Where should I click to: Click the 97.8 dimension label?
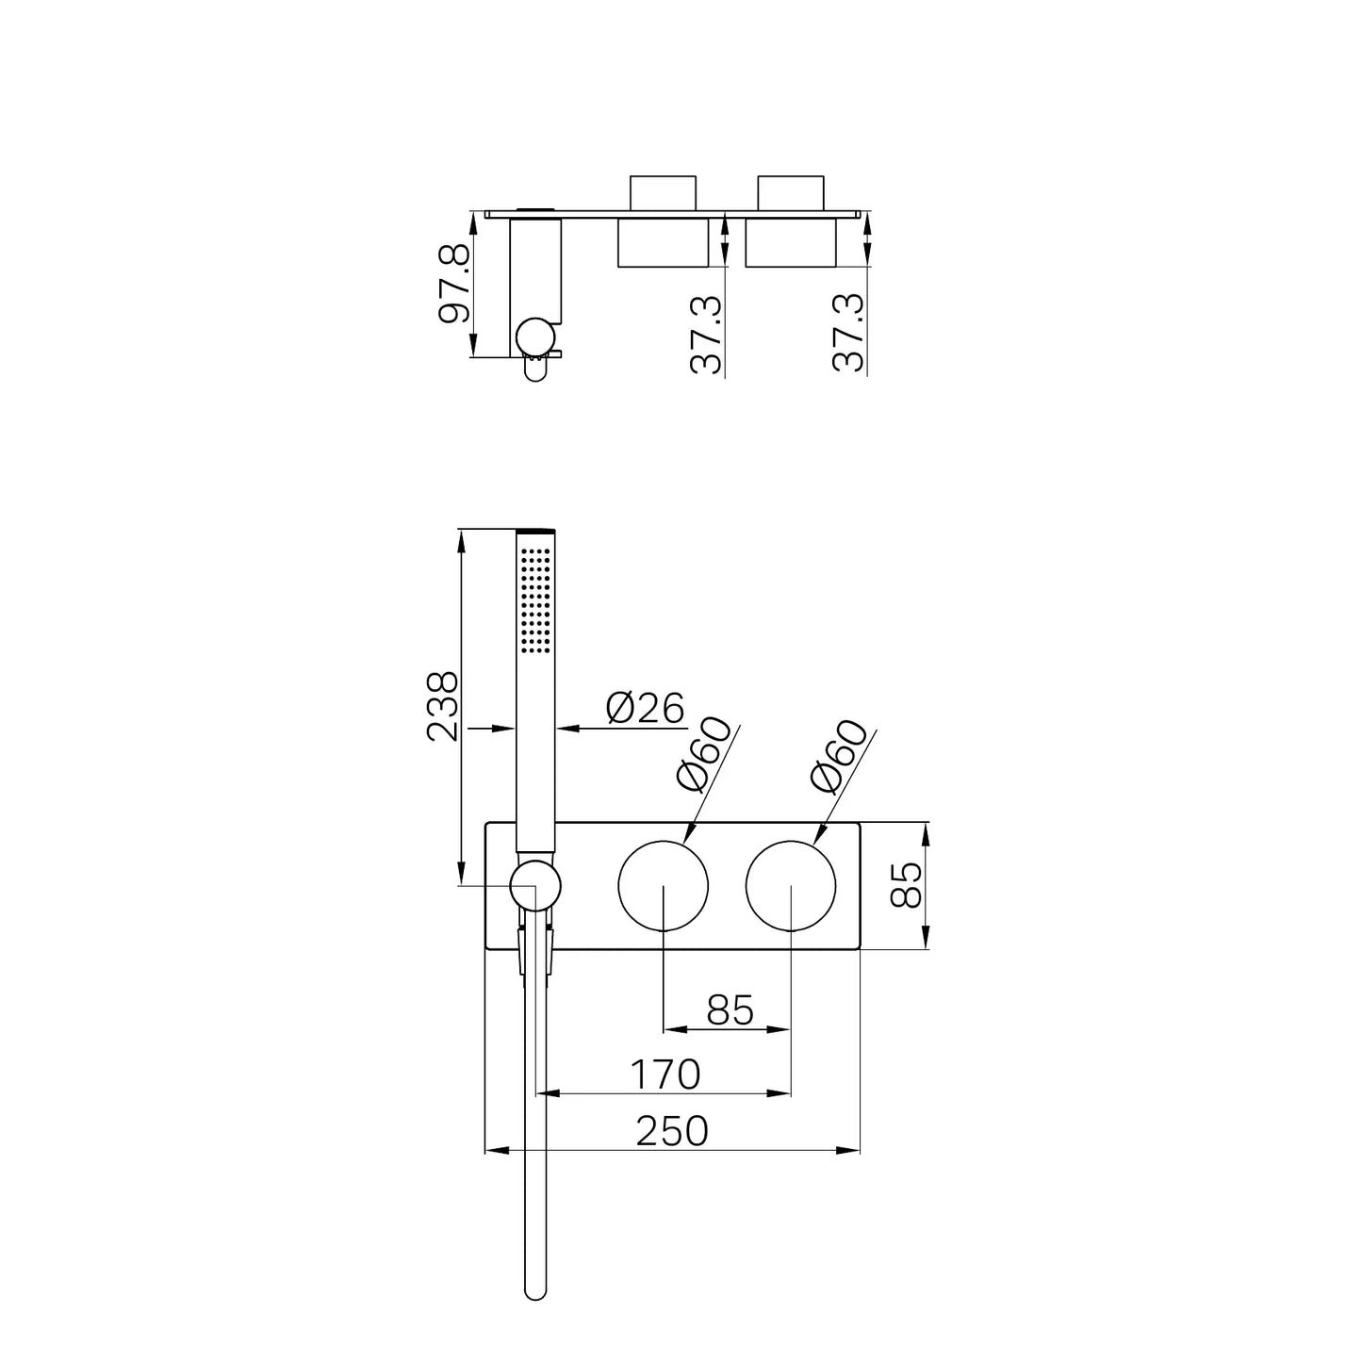[x=453, y=284]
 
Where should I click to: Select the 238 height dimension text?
[x=443, y=706]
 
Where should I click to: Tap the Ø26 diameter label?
[x=646, y=708]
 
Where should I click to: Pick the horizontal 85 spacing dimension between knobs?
[x=730, y=1010]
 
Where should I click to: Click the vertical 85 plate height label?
[x=906, y=884]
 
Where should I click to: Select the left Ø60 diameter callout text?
[x=704, y=753]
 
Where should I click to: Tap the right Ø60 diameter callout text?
[x=840, y=755]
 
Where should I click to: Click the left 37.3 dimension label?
[x=706, y=335]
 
